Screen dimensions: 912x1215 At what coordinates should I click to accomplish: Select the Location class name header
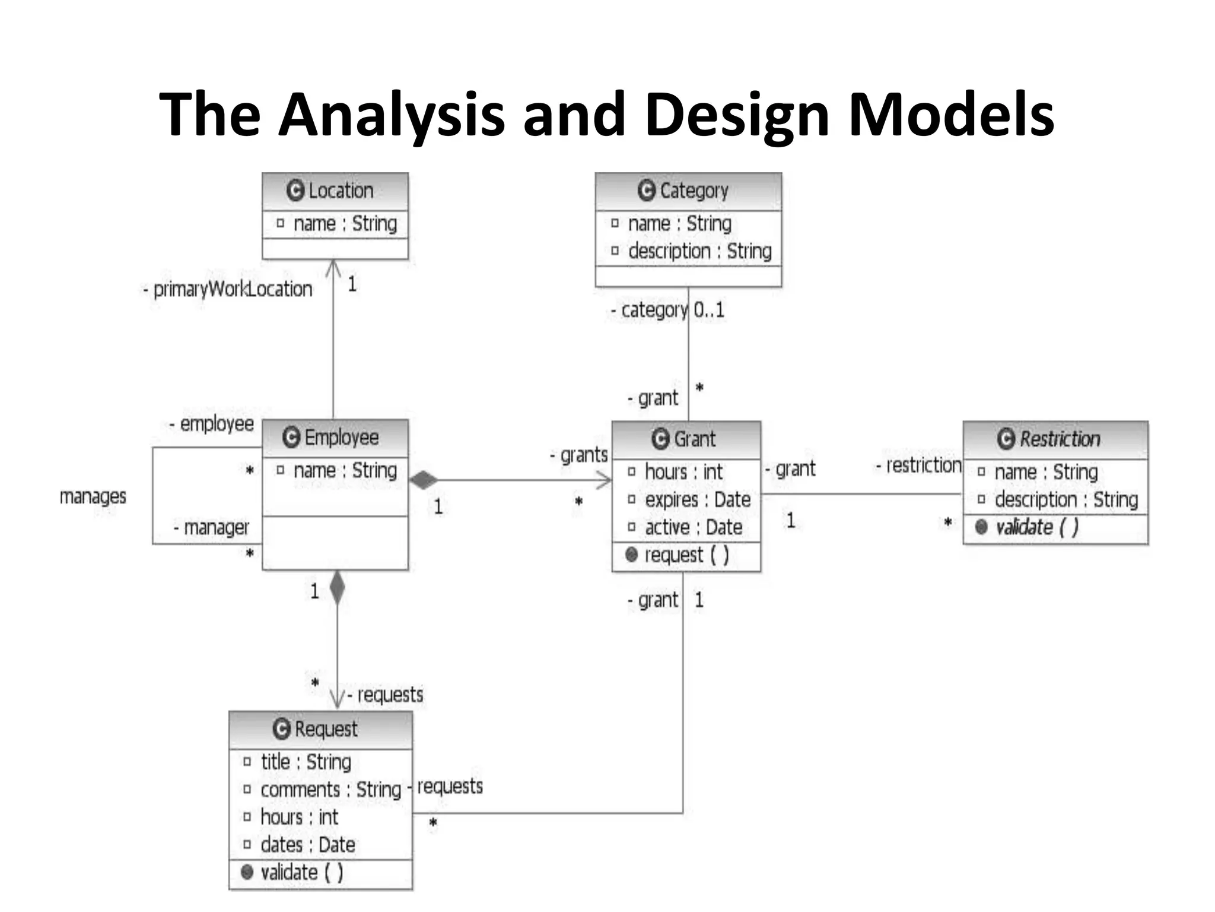335,191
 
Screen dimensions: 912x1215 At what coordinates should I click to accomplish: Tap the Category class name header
688,191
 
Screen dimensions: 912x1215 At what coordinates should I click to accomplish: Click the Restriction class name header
1055,439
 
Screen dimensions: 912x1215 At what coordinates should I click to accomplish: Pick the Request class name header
320,729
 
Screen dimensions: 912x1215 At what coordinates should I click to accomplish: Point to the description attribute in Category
699,251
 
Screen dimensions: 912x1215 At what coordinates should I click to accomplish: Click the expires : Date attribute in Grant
697,500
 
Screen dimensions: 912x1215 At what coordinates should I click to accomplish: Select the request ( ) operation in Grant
685,555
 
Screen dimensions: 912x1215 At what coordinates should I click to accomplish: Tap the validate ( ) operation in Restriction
1036,527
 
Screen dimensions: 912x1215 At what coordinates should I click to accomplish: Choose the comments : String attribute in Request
330,790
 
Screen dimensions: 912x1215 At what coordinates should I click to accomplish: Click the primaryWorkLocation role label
231,289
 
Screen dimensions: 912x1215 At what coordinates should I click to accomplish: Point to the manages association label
93,496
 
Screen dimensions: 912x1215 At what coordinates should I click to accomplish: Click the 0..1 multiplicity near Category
709,310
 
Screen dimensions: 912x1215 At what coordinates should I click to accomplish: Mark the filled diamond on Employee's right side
424,480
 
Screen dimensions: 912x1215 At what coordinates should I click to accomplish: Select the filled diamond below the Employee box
337,588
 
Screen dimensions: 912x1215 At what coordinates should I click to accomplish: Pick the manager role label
215,527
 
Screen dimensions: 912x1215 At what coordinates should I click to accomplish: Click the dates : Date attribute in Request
307,845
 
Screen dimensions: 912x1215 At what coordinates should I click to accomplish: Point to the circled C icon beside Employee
291,438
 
